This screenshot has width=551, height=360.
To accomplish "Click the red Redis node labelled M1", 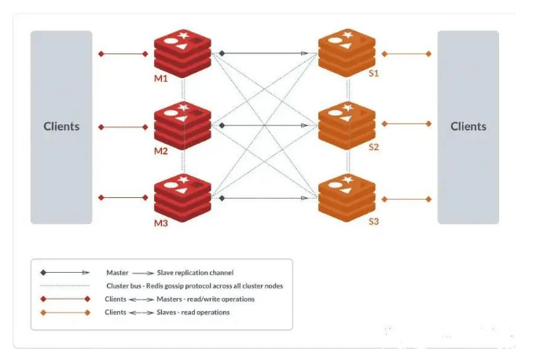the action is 182,53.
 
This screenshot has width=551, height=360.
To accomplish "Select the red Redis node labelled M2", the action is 182,126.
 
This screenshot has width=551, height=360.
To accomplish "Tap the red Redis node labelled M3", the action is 182,198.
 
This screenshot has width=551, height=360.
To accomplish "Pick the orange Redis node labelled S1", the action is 347,53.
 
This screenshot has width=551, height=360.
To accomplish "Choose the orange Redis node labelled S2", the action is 347,126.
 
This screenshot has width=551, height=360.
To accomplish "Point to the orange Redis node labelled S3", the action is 347,198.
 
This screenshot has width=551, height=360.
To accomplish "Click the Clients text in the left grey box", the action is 61,127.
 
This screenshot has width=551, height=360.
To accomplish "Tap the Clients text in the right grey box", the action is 468,127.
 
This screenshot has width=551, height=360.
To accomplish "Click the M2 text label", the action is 161,151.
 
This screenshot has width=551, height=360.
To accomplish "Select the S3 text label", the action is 373,222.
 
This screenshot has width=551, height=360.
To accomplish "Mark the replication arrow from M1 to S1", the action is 263,53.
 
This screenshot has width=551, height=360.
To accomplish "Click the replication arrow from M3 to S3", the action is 263,198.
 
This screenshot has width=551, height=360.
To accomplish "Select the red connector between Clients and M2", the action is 123,127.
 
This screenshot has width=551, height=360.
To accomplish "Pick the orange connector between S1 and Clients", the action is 406,53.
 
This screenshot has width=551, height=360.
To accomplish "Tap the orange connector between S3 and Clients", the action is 406,200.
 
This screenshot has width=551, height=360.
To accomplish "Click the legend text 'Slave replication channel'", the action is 195,273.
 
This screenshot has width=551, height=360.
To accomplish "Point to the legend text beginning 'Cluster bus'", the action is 195,286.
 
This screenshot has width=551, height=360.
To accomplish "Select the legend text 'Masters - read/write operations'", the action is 206,299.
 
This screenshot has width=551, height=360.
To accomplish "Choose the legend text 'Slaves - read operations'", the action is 193,312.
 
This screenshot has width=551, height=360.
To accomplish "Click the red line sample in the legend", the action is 65,299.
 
